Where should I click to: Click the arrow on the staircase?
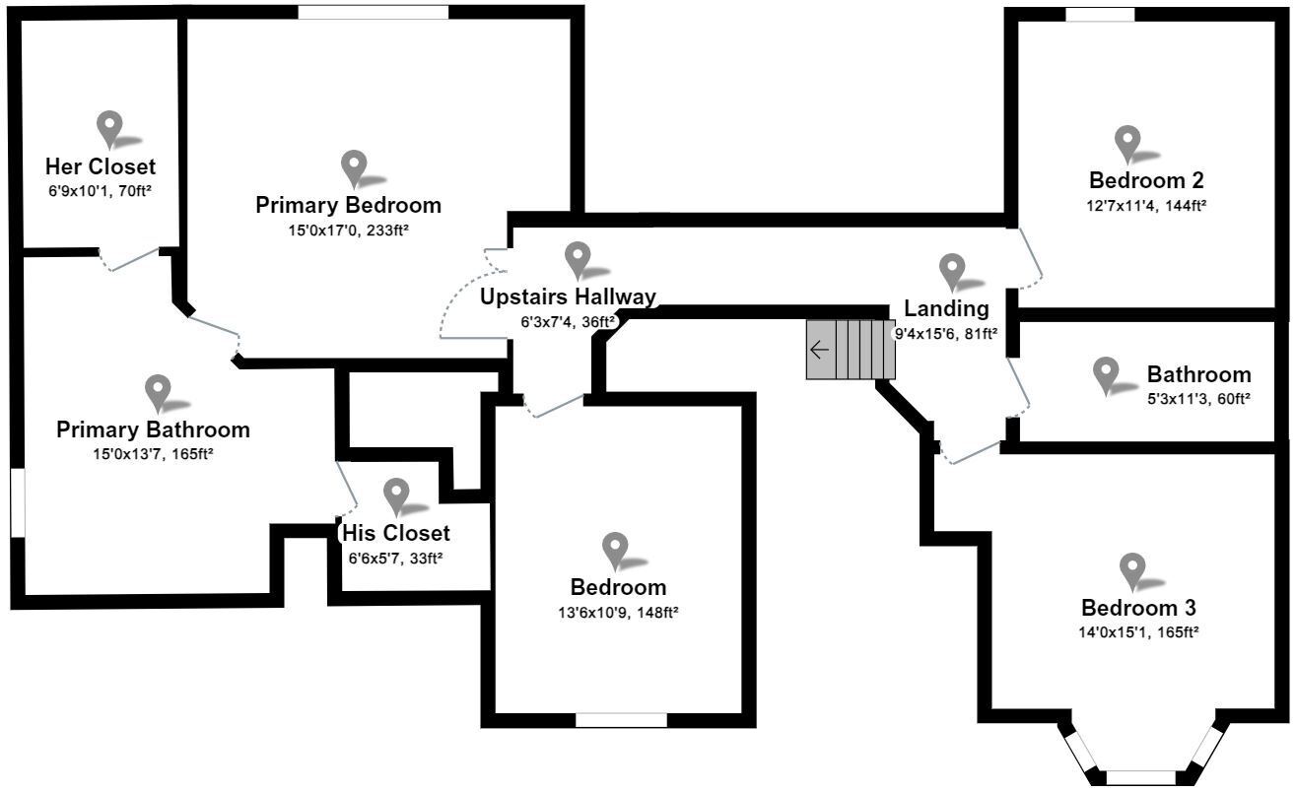(819, 350)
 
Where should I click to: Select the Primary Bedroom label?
(348, 205)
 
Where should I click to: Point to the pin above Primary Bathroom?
(158, 392)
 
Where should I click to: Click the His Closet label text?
(395, 533)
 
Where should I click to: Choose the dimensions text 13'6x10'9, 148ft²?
(618, 612)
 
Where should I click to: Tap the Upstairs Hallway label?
(568, 297)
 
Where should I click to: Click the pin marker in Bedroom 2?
(1127, 143)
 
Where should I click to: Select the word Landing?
(946, 309)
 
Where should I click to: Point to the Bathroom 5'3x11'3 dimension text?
(1198, 399)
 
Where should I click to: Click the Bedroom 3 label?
(1138, 607)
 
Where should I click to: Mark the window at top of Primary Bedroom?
(373, 13)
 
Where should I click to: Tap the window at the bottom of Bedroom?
(621, 720)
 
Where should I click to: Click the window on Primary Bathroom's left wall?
(17, 502)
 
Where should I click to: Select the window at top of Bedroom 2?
(1100, 15)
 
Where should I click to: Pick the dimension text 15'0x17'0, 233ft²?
(348, 231)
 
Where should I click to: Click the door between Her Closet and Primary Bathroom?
(130, 258)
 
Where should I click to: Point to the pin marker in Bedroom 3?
(1132, 570)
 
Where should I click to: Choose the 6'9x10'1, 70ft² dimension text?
(100, 192)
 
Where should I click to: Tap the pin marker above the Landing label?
(951, 270)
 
